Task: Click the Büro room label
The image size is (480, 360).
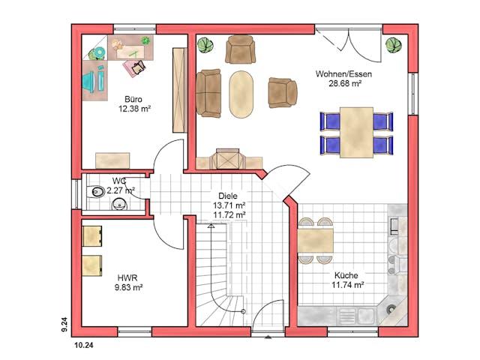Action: point(133,99)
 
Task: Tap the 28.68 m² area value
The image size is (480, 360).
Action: point(345,83)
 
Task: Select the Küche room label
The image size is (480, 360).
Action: point(346,275)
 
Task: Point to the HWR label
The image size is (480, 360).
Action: point(127,278)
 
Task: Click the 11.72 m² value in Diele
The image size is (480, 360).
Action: point(229,215)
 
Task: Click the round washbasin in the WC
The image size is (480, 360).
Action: point(119,204)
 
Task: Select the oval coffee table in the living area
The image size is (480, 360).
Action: point(241,94)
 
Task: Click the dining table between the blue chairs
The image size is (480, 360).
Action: point(357,132)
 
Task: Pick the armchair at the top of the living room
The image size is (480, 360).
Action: point(240,49)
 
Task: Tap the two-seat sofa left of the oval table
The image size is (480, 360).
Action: point(208,93)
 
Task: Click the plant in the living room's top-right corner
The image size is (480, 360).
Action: point(393,45)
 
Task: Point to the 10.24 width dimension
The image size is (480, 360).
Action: point(84,346)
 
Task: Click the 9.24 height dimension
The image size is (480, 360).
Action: point(64,325)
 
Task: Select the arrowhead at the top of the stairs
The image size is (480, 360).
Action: point(211,226)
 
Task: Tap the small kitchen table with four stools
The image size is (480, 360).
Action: point(315,241)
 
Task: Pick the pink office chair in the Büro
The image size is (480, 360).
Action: point(135,68)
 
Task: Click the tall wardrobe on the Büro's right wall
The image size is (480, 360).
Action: point(180,90)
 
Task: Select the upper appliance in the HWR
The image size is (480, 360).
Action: point(92,236)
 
